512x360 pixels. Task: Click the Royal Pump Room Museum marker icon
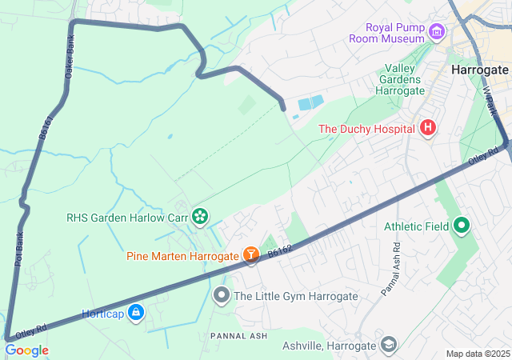tap(436, 32)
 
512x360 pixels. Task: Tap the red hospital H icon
tap(428, 127)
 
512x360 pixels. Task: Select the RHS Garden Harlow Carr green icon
tap(199, 215)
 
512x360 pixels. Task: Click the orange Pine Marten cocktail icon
tap(251, 255)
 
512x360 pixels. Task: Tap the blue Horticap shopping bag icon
tap(136, 312)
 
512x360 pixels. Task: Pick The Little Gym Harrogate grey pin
tap(222, 296)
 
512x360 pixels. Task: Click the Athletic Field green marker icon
tap(461, 226)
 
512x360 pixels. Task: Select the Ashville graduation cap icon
tap(388, 345)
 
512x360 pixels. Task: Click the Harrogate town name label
tap(480, 70)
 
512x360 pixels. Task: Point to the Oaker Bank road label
tap(69, 54)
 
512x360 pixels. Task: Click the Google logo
tap(26, 350)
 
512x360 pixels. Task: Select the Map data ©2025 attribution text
tap(477, 354)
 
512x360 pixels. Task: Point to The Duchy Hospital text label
tap(366, 128)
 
